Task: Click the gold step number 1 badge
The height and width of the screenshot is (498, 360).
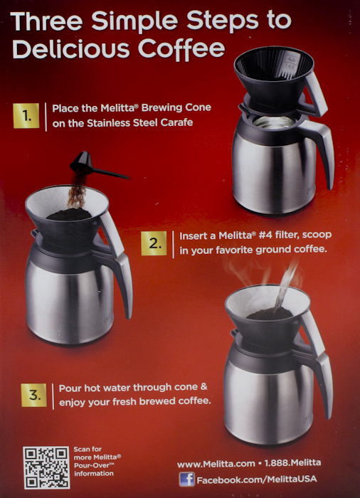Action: tap(26, 115)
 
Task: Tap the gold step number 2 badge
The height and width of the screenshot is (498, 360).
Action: tap(154, 243)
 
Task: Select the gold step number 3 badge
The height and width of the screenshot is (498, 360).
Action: tap(34, 395)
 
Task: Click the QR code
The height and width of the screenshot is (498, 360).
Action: tap(46, 467)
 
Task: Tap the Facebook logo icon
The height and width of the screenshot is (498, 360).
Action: tap(187, 479)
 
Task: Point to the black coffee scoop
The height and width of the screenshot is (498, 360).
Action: tap(95, 165)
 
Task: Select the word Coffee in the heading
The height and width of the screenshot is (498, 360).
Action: tap(181, 49)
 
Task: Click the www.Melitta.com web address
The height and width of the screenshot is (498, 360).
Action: tap(216, 464)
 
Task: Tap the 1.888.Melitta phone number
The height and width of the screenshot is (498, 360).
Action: tap(292, 462)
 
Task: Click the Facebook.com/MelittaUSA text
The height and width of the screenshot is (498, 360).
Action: tap(257, 480)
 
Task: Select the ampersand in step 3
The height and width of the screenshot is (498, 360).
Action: tap(203, 387)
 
